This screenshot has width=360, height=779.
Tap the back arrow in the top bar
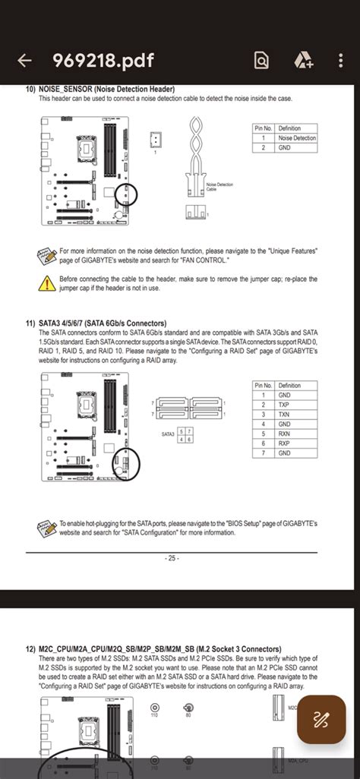[24, 61]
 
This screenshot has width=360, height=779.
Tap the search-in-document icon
[261, 61]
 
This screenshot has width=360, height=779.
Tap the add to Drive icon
[305, 61]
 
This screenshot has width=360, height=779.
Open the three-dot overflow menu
[343, 61]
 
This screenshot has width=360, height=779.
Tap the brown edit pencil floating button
[321, 717]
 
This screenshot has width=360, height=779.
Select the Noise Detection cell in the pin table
[297, 137]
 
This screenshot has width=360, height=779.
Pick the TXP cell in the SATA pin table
[284, 405]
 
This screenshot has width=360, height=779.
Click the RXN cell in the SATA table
[284, 434]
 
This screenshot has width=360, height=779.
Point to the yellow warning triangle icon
[46, 283]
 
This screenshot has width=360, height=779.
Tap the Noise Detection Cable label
[219, 187]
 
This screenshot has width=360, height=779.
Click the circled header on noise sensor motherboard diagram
[126, 195]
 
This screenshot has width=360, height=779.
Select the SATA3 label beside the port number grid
[168, 434]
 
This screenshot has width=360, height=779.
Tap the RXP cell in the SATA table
[284, 443]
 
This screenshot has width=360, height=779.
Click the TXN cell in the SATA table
[284, 415]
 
